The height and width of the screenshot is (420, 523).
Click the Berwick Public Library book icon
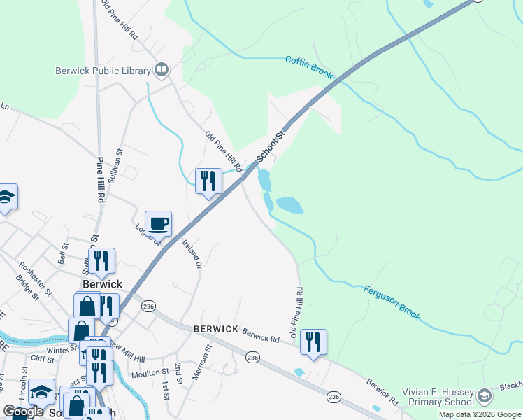coord(162,69)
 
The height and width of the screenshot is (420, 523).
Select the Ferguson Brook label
coord(392,302)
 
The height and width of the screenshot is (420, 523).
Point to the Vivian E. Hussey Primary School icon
coord(485,398)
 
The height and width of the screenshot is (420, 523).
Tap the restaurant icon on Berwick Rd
coord(313,342)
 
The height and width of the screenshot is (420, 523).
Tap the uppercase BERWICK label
coord(216,328)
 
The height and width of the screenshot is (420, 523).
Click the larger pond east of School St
coord(289,205)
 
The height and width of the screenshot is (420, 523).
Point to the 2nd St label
coord(178,373)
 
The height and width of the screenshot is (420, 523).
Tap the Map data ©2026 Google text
coord(480,414)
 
